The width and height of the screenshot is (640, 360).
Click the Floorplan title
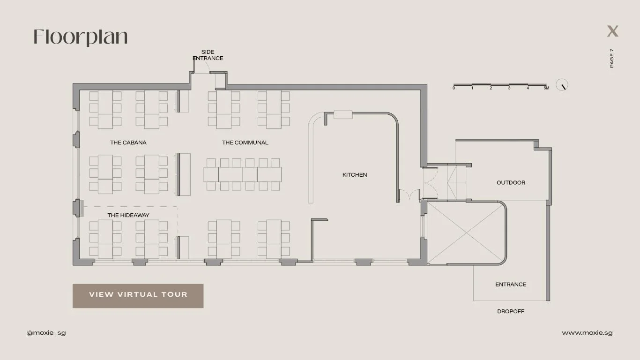click(81, 37)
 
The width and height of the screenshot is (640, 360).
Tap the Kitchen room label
click(355, 175)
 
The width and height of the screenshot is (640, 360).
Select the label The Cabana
click(128, 142)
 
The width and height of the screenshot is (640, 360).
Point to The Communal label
click(245, 142)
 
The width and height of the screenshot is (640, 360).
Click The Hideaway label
click(128, 215)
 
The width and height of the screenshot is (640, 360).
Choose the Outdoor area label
click(511, 182)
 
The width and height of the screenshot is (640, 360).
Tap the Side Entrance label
click(208, 55)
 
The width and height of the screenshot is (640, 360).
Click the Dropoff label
click(511, 311)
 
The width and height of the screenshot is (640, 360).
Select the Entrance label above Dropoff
click(511, 284)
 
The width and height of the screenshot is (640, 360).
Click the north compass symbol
click(562, 85)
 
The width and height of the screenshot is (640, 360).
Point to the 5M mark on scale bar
click(546, 88)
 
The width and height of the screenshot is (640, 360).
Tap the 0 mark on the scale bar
click(454, 88)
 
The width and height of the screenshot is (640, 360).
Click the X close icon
click(612, 31)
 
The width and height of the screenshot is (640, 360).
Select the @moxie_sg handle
click(46, 333)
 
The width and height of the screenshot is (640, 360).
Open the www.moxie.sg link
click(587, 333)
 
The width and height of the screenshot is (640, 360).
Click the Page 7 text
click(611, 58)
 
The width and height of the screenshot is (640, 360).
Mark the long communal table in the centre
click(242, 174)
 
